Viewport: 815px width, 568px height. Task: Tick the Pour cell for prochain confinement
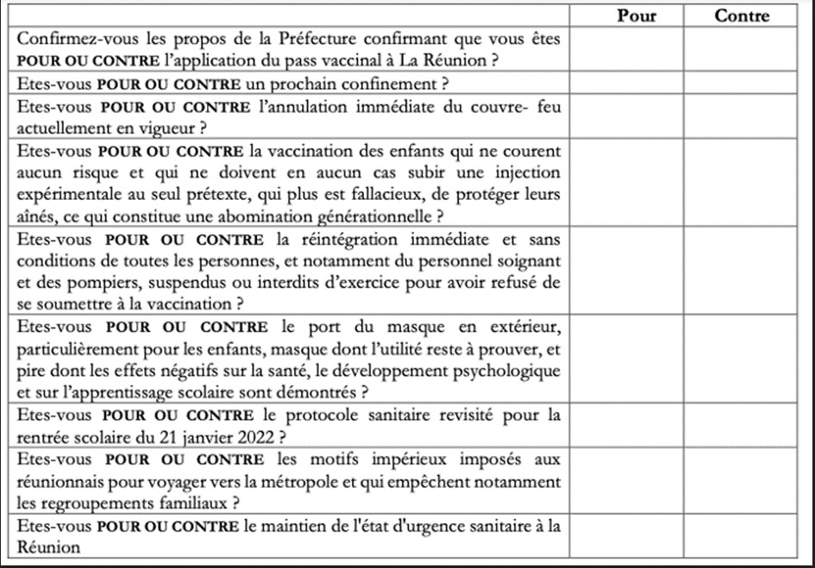point(627,84)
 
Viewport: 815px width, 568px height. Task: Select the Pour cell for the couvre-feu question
point(627,116)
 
